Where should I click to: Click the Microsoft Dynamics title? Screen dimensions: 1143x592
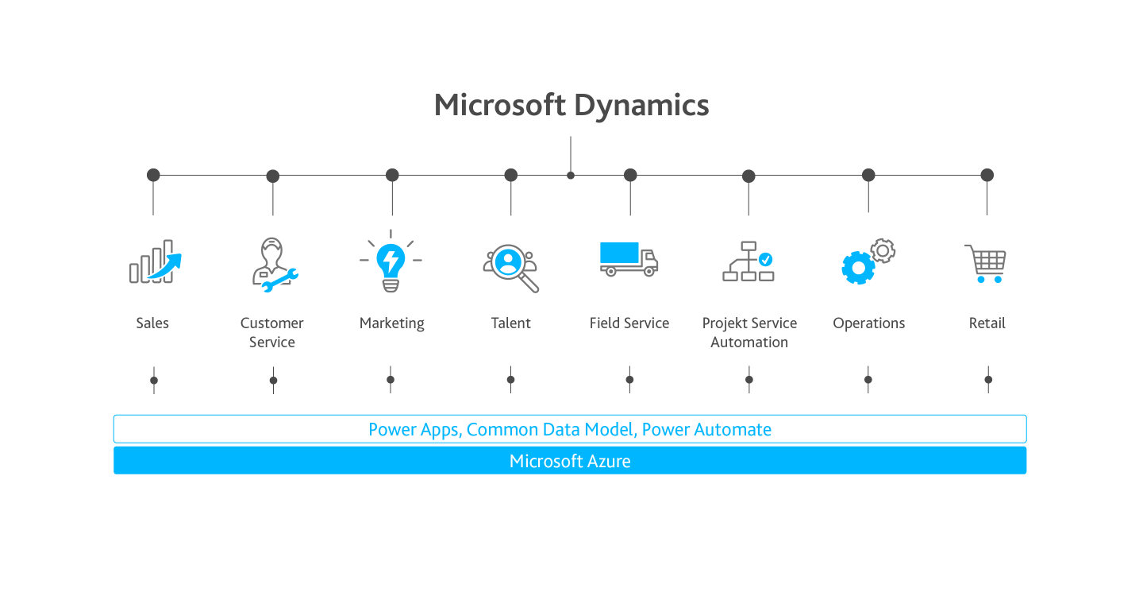coord(571,105)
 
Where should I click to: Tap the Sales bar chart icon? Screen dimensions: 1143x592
coord(155,261)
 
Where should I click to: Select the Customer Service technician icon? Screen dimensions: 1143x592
coord(275,265)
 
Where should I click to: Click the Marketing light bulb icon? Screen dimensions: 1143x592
coord(391,261)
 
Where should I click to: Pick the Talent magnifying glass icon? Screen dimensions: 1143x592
coord(511,268)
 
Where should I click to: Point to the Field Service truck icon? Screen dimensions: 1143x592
coord(629,259)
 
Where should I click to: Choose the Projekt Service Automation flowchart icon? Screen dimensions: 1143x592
coord(748,261)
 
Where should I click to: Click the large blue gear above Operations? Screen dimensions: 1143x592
coord(858,268)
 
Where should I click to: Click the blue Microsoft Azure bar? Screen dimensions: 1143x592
coord(570,461)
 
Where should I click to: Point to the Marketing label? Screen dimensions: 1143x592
coord(392,323)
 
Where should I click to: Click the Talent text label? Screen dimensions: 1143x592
coord(511,323)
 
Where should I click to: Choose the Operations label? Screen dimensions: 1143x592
coord(868,323)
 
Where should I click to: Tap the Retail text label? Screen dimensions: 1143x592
coord(987,323)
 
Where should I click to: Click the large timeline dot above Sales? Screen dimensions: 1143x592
coord(153,175)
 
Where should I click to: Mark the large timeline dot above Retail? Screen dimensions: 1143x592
coord(987,175)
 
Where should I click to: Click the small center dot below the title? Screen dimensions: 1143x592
coord(571,176)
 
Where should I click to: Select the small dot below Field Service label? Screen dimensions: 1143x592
coord(629,380)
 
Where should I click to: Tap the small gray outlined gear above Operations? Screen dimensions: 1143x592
coord(883,251)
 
